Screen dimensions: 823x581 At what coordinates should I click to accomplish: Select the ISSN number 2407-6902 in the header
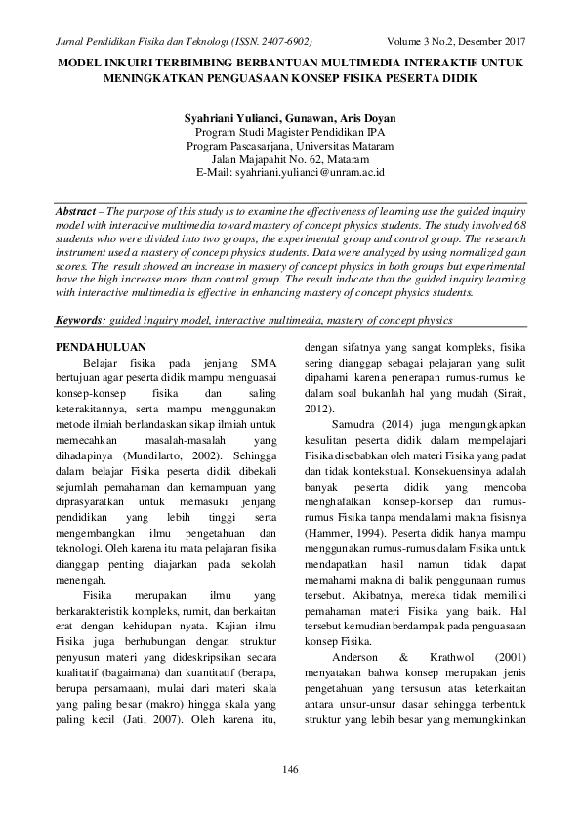[282, 42]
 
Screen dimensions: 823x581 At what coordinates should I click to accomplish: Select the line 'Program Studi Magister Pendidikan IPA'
[290, 132]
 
